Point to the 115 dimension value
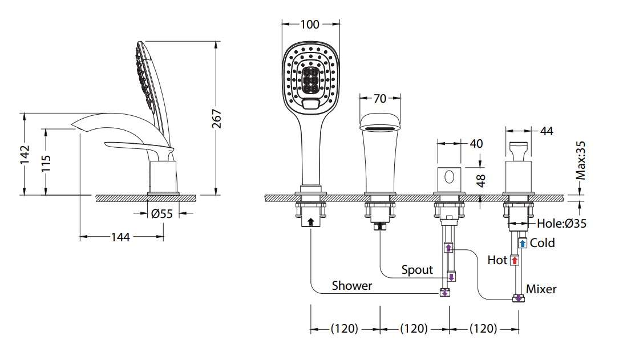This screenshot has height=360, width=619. pyautogui.click(x=46, y=165)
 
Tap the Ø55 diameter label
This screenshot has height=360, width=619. pyautogui.click(x=163, y=214)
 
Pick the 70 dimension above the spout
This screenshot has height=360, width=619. pyautogui.click(x=379, y=98)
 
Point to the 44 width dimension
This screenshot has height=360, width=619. pyautogui.click(x=546, y=132)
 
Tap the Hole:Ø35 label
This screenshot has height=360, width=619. pyautogui.click(x=561, y=224)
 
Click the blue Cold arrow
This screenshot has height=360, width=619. pyautogui.click(x=523, y=243)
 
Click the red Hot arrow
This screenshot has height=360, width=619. pyautogui.click(x=514, y=261)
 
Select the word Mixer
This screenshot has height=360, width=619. pyautogui.click(x=541, y=289)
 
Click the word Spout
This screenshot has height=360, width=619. pyautogui.click(x=417, y=269)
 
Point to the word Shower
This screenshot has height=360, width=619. pyautogui.click(x=352, y=285)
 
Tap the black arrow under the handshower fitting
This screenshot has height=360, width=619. pyautogui.click(x=310, y=223)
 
